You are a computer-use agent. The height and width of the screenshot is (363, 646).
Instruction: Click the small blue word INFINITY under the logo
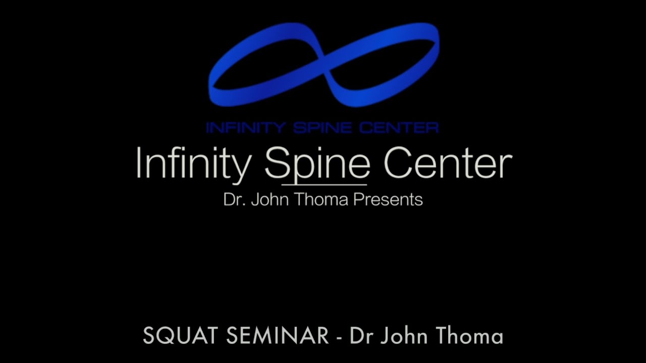pos(246,128)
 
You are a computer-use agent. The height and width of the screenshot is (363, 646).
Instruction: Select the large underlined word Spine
pos(317,164)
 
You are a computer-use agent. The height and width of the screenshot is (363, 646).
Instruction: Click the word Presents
pos(388,200)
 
